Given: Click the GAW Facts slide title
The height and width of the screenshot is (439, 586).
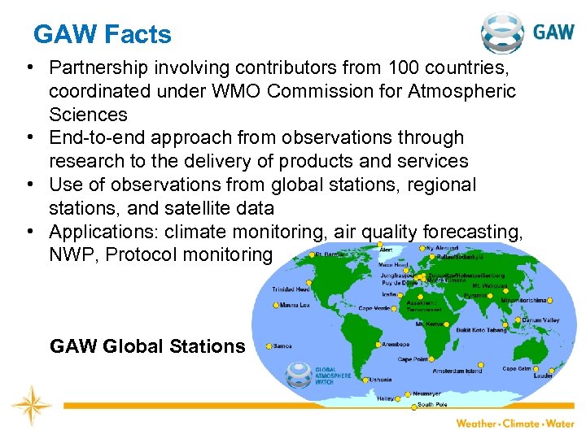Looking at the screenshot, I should click(x=103, y=35).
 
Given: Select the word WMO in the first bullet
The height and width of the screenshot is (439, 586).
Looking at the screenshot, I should click(x=237, y=91).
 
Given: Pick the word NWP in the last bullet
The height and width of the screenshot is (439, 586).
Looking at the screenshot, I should click(x=72, y=254).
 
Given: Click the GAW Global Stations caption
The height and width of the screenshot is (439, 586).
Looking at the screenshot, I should click(x=147, y=346).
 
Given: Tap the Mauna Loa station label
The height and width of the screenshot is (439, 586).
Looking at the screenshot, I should click(x=294, y=306).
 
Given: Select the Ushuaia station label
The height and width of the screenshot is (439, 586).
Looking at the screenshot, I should click(x=380, y=379).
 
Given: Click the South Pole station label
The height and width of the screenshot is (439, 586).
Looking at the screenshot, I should click(x=431, y=404).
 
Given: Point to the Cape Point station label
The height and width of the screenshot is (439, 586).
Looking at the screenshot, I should click(x=413, y=359).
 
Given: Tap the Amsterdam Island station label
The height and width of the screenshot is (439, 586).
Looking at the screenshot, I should click(x=457, y=371).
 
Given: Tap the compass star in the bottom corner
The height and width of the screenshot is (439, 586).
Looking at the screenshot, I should click(x=32, y=404).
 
